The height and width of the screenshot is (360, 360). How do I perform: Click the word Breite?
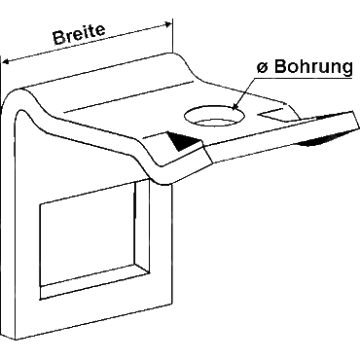coord(80,34)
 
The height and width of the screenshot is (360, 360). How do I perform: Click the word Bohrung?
coord(314,67)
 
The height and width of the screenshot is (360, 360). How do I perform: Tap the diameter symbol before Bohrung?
coord(263,67)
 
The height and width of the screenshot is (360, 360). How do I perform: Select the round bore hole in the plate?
coord(214,116)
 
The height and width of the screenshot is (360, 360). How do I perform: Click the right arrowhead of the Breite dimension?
coord(167,24)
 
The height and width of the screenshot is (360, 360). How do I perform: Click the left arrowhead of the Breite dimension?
coord(6,61)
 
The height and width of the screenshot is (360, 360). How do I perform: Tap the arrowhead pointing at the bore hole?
coord(235,106)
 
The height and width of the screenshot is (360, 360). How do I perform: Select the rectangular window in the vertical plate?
coord(94,240)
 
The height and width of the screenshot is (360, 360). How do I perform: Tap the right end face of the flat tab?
coord(355,120)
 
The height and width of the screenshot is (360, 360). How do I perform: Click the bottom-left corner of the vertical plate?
coord(16,340)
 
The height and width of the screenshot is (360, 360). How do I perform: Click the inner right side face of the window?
coord(142,225)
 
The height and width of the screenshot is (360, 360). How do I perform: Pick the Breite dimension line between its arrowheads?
coord(87,43)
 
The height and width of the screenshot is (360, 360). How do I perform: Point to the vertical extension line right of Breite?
coord(172,36)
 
